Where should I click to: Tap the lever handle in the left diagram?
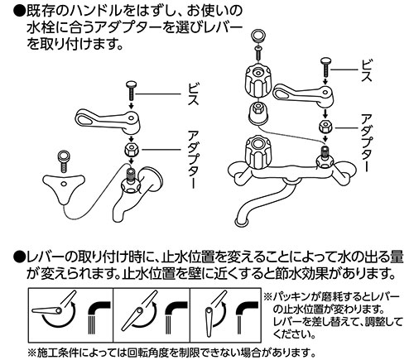(x=103, y=121)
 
